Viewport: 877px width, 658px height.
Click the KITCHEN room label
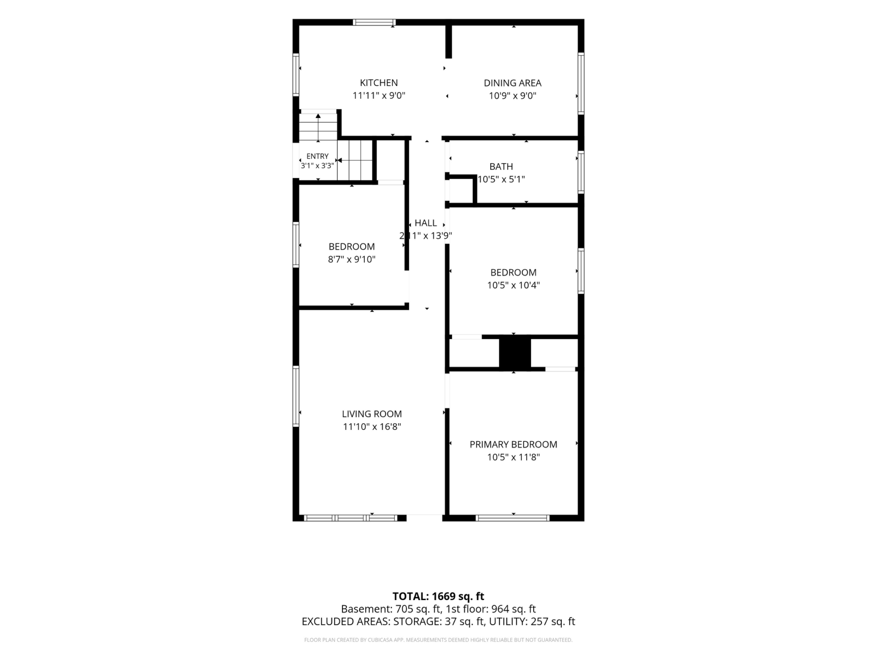tap(379, 83)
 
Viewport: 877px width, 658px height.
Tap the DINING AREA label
tap(513, 83)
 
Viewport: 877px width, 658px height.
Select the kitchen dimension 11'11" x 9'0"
tap(379, 96)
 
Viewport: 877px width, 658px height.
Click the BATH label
tap(501, 167)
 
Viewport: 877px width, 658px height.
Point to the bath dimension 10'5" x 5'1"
tap(501, 179)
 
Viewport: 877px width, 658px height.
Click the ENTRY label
tap(318, 156)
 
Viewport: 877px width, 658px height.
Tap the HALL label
tap(426, 223)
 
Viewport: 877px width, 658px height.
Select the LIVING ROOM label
tap(372, 414)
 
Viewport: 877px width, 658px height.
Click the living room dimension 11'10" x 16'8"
tap(372, 427)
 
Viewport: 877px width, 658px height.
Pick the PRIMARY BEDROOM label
tap(513, 445)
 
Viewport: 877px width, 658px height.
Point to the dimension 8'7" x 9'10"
tap(352, 259)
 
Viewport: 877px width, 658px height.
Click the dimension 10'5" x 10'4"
tap(513, 285)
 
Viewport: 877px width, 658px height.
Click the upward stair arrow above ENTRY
tap(318, 127)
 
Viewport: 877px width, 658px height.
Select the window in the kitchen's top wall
tap(374, 22)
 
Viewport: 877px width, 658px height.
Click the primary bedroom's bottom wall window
tap(512, 518)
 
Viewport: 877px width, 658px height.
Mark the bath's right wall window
tap(581, 172)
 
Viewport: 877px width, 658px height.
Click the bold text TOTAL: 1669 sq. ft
tap(438, 596)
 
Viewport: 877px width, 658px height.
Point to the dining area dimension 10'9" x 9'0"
tap(513, 96)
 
